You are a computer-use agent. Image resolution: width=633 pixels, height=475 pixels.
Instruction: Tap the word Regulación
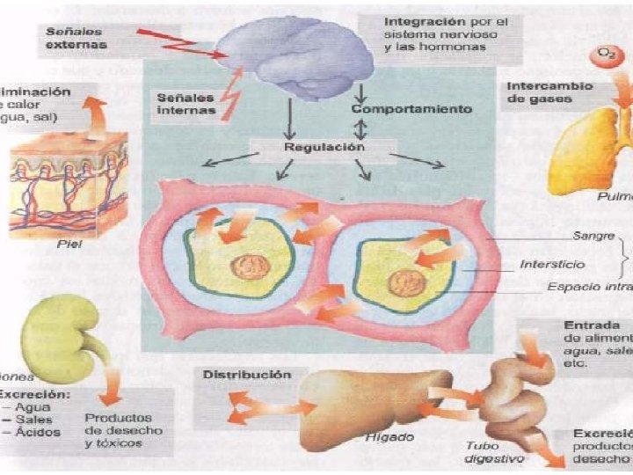pos(323,148)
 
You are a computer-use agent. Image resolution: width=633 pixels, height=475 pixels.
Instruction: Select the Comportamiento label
pos(411,109)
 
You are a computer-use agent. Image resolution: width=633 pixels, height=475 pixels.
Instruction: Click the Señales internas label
pos(186,103)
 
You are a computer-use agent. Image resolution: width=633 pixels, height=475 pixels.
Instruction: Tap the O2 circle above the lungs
pos(606,57)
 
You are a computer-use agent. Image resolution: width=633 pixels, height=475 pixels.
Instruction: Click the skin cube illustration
pos(69,177)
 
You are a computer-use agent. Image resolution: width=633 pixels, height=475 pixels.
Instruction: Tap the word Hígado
pos(388,436)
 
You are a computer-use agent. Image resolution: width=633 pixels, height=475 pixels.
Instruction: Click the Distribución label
pos(247,374)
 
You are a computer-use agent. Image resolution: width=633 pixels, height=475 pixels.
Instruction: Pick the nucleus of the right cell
pos(405,282)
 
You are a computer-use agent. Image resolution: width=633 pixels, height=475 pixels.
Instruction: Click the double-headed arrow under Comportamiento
pos(360,128)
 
